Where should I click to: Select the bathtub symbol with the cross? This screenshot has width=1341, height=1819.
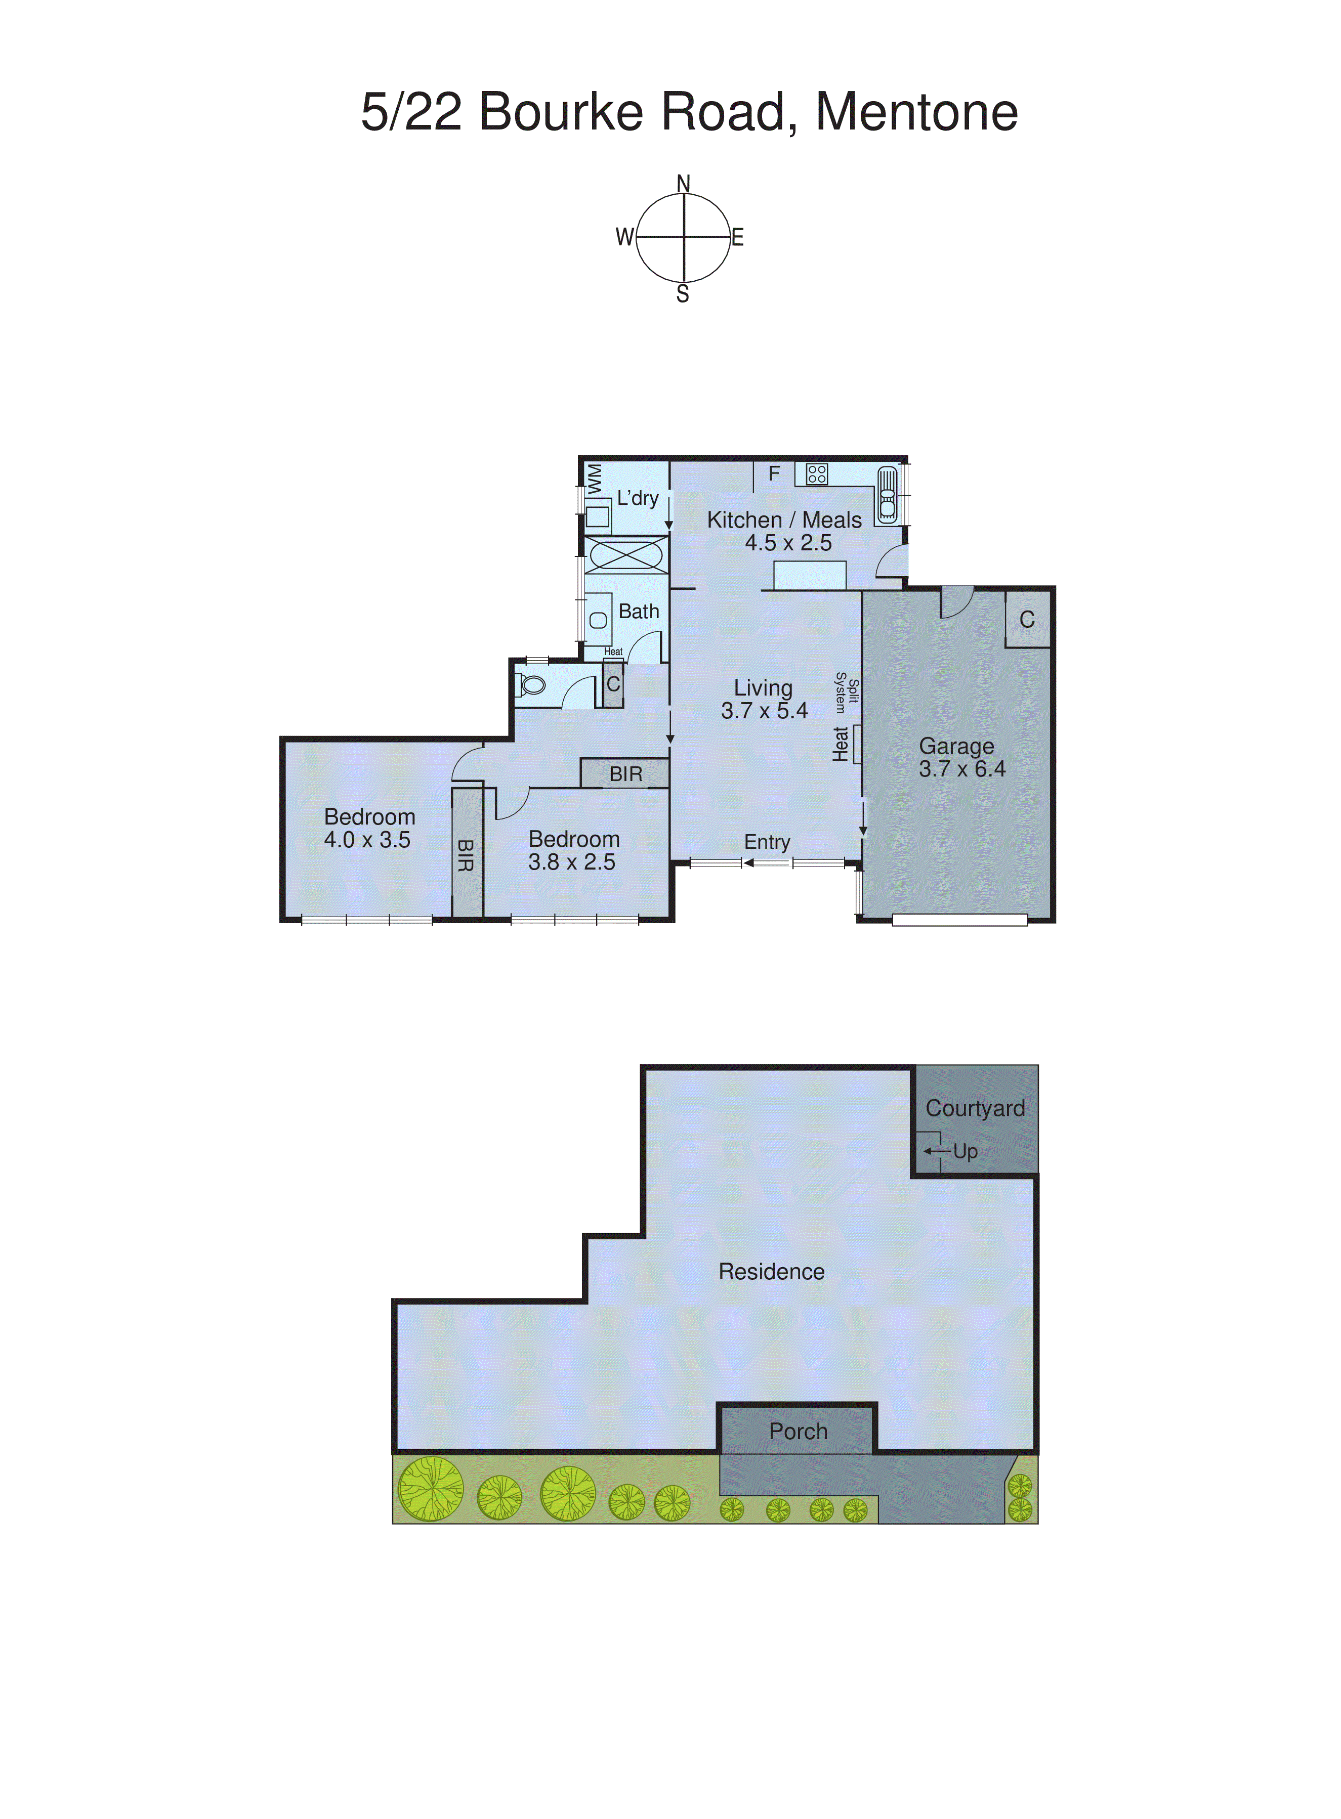(x=625, y=556)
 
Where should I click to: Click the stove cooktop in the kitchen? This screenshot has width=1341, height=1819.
(x=817, y=474)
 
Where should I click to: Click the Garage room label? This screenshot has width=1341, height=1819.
(x=956, y=746)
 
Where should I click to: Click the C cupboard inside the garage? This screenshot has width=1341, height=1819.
(x=1027, y=620)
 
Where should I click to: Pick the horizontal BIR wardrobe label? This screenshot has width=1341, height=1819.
(x=626, y=774)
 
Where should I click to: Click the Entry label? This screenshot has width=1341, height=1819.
(x=767, y=842)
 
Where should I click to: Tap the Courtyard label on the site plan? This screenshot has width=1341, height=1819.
(x=975, y=1108)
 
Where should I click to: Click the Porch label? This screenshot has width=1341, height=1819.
(x=798, y=1431)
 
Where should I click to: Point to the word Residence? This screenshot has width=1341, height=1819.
(x=771, y=1271)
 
